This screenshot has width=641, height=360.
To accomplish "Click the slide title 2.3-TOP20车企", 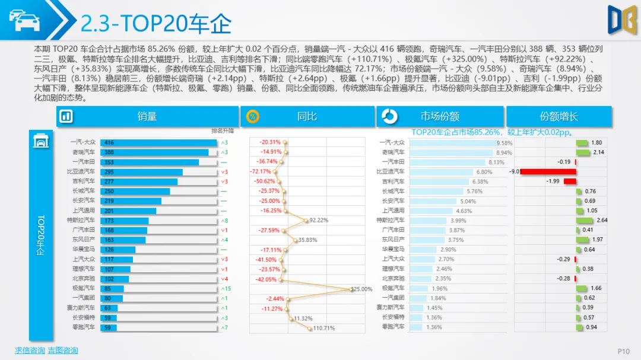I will [x=156, y=24].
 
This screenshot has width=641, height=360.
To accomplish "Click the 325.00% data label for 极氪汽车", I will [x=361, y=289].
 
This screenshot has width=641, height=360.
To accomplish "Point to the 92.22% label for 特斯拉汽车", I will [x=318, y=220].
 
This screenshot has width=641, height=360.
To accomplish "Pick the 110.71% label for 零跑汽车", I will [x=323, y=328].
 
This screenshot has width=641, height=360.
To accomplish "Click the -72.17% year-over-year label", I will [x=269, y=171].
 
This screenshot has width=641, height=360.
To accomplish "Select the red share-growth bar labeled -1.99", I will [x=569, y=181].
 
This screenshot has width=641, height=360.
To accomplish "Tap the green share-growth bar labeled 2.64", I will [x=584, y=220].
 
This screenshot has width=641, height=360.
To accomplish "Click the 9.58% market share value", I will [x=504, y=143].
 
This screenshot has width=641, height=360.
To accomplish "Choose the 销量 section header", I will [x=147, y=116].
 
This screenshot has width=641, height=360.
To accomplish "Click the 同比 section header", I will [x=307, y=116].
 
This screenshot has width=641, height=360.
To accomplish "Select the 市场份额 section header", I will [x=440, y=116].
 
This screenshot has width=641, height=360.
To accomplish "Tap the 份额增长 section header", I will [x=559, y=116].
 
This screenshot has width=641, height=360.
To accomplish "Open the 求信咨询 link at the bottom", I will [x=30, y=351].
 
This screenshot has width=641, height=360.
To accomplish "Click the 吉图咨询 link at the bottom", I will [x=63, y=351].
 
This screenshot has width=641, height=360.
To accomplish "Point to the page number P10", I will [x=623, y=351].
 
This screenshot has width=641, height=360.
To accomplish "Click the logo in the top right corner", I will [x=621, y=20].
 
